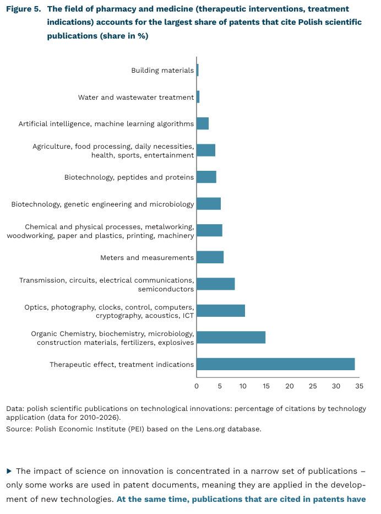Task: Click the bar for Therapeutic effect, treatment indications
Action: (x=275, y=364)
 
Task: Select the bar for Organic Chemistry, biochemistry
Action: (x=231, y=337)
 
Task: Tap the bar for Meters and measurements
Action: (x=210, y=257)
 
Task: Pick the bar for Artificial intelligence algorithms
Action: (x=203, y=123)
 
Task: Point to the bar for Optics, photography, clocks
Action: (x=220, y=311)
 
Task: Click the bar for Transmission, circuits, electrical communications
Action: (x=215, y=284)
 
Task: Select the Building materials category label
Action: (x=162, y=71)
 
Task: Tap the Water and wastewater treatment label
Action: (x=136, y=98)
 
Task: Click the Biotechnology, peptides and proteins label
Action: (x=129, y=177)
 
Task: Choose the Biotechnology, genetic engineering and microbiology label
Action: (x=102, y=204)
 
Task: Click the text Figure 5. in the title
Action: (x=24, y=9)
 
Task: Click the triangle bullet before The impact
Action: (x=9, y=471)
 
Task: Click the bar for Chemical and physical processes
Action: (x=209, y=230)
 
